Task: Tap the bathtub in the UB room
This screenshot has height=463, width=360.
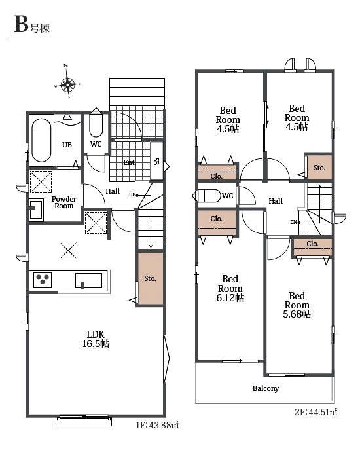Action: (x=41, y=140)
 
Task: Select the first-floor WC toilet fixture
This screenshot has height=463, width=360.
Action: (x=96, y=122)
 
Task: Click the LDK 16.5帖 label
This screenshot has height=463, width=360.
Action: (x=96, y=339)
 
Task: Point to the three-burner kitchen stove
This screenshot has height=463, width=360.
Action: (x=43, y=280)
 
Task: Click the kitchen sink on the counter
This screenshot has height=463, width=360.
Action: (x=88, y=280)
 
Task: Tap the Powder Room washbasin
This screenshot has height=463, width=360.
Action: (x=36, y=210)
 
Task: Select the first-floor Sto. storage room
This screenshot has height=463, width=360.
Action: (x=151, y=278)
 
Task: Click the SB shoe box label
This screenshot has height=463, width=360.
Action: (x=156, y=161)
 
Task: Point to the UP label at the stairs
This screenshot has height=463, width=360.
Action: (x=132, y=194)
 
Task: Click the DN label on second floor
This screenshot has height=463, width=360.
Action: (x=293, y=222)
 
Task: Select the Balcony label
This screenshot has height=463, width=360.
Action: (x=266, y=388)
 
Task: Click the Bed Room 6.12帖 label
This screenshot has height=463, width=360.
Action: (x=230, y=288)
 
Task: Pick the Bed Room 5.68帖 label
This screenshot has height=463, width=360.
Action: (x=297, y=305)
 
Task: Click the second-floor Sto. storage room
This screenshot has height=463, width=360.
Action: (x=319, y=168)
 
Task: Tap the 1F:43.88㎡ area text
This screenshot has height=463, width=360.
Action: (x=157, y=425)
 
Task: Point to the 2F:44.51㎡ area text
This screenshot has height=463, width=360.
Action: (x=315, y=412)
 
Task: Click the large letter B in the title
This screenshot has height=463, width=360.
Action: (x=21, y=24)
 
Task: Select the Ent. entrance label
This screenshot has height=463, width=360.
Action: (x=130, y=162)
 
